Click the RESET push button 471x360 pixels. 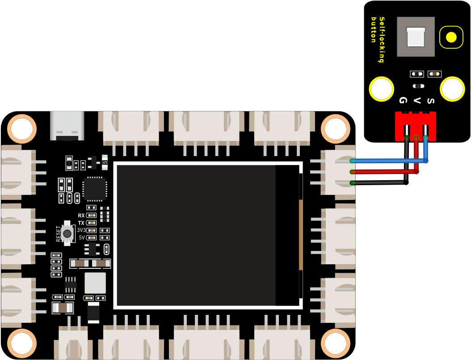pos(67,233)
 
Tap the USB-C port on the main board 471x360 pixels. pos(67,126)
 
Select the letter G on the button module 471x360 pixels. pos(403,100)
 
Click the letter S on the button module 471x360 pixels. pos(430,101)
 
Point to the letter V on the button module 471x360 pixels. pos(416,101)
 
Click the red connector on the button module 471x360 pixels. pos(416,126)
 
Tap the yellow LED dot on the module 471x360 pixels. pos(451,37)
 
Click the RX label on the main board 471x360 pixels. pos(81,216)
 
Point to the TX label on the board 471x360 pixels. pos(81,223)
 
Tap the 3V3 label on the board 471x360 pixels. pos(81,230)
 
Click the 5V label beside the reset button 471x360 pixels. pos(82,238)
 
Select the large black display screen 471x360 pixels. pos(208,235)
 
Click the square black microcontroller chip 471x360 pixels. pos(95,189)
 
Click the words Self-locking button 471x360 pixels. pos(378,39)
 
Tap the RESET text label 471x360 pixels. pos(58,233)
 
